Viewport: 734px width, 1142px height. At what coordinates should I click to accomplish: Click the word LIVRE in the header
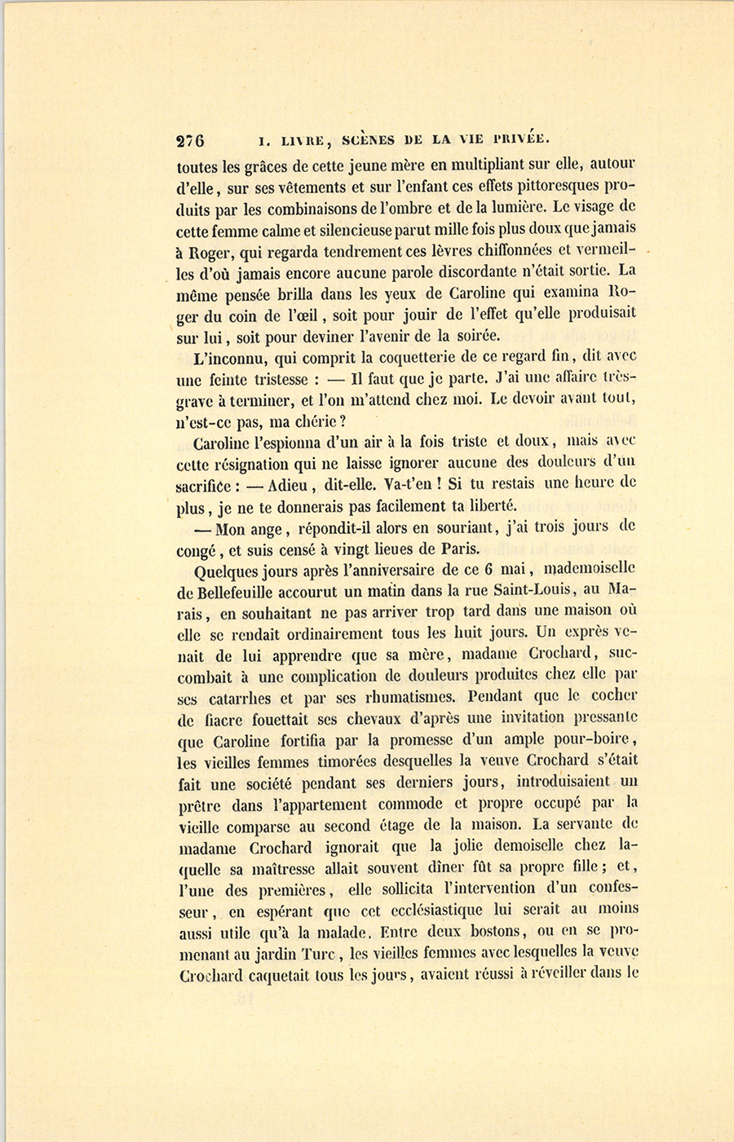[301, 139]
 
